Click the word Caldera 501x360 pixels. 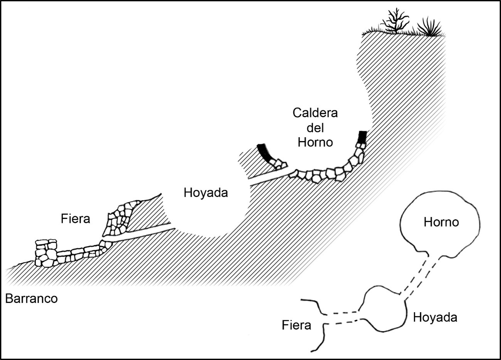(x=315, y=113)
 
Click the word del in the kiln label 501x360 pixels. (x=315, y=128)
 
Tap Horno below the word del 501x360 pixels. (x=315, y=142)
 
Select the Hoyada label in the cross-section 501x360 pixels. (x=206, y=193)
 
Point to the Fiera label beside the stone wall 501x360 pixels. (x=75, y=219)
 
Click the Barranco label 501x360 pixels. (x=31, y=298)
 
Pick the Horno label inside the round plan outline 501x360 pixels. (x=441, y=222)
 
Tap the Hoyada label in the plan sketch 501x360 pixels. (x=435, y=318)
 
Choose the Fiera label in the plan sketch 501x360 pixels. (x=296, y=325)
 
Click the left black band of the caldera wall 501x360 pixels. (x=264, y=153)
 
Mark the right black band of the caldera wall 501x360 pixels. (x=363, y=137)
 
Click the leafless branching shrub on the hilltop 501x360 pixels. (x=396, y=21)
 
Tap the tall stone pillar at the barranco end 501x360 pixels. (x=46, y=253)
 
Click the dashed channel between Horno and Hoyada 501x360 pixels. (x=418, y=278)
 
